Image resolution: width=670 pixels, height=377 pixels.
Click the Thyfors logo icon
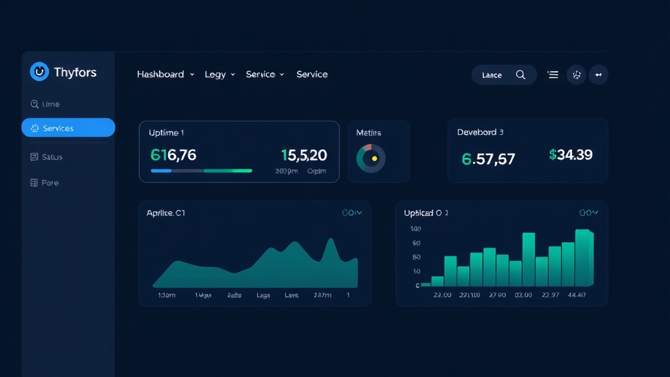click(39, 72)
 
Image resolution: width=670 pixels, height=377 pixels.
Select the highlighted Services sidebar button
click(68, 128)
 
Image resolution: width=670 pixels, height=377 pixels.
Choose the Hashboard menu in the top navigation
click(160, 75)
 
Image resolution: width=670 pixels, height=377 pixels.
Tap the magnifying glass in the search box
click(521, 75)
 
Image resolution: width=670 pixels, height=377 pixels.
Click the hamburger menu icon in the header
click(553, 75)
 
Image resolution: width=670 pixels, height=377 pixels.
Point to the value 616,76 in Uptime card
click(173, 155)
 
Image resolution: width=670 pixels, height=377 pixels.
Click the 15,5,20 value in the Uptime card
click(304, 155)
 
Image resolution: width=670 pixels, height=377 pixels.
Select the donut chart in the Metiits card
click(371, 158)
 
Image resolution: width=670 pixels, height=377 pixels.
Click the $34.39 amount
click(571, 154)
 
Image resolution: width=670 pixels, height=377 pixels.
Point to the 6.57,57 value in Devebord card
click(488, 159)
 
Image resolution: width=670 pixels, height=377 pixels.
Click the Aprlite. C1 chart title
click(166, 213)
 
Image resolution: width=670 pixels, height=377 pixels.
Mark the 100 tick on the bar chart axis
click(415, 229)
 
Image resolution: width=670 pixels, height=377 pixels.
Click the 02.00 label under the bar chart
click(523, 295)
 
